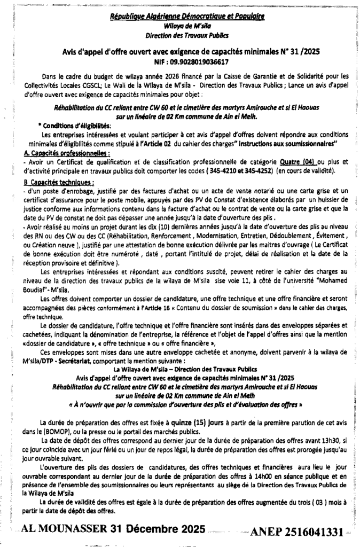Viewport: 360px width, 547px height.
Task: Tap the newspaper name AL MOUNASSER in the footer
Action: tap(66, 529)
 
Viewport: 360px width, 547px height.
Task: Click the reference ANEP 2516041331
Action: tap(303, 532)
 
